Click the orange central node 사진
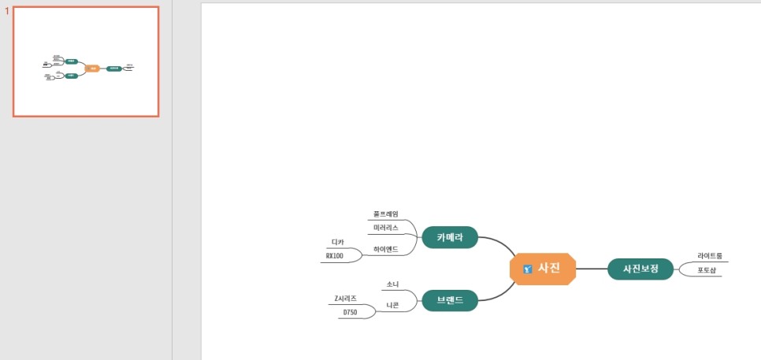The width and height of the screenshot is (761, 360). tap(548, 269)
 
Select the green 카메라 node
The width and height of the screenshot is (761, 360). tap(450, 237)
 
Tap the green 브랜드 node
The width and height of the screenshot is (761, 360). tap(450, 300)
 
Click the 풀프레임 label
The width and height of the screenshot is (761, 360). tap(386, 214)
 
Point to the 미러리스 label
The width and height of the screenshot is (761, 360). tap(386, 228)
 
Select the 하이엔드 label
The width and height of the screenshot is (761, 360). tap(386, 249)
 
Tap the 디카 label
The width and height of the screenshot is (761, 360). tap(337, 242)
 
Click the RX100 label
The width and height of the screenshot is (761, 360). tap(335, 256)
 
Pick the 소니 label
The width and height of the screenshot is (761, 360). tap(392, 284)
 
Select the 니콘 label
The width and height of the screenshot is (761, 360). tap(392, 305)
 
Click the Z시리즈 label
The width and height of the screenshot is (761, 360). tap(345, 299)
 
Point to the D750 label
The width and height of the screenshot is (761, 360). tap(349, 313)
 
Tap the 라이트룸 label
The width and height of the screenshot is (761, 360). tap(709, 256)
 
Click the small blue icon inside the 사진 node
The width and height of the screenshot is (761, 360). tap(528, 269)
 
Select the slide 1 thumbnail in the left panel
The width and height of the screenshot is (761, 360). tap(86, 61)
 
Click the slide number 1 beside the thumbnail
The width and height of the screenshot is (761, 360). tap(7, 12)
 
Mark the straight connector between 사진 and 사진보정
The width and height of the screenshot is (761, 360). tap(592, 269)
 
